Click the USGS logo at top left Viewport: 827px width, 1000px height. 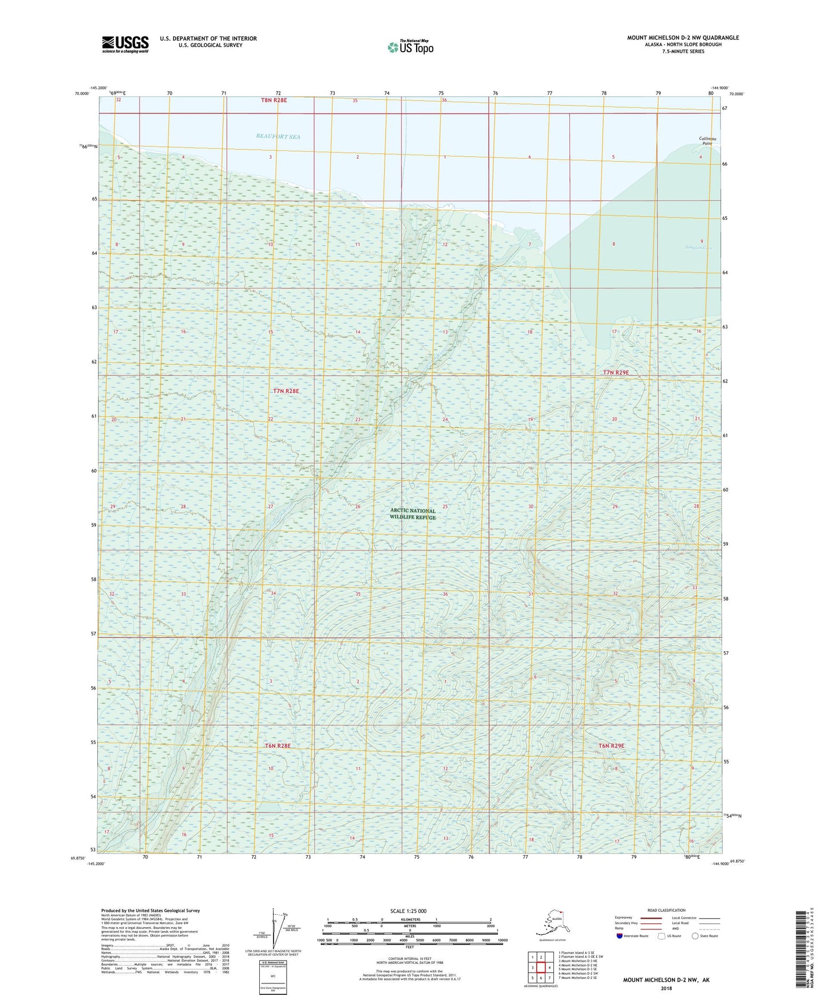click(x=125, y=44)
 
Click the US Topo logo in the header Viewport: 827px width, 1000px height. click(x=410, y=47)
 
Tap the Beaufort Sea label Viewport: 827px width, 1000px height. click(x=278, y=136)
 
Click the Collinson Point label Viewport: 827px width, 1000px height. click(x=707, y=141)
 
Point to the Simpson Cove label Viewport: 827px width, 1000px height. click(x=699, y=248)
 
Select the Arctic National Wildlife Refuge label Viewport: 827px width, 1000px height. click(x=413, y=514)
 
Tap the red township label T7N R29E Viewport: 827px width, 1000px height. click(x=616, y=372)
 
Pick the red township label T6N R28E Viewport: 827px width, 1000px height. click(x=278, y=746)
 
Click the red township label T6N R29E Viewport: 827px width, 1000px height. click(x=611, y=746)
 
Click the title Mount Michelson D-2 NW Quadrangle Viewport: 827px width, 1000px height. click(x=683, y=38)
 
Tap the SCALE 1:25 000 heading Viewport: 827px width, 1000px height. click(x=409, y=911)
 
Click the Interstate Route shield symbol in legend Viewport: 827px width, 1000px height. click(x=619, y=936)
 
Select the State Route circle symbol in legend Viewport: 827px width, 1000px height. click(x=695, y=936)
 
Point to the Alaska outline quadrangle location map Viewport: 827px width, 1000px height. click(x=552, y=923)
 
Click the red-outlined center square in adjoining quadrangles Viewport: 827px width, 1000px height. click(x=541, y=967)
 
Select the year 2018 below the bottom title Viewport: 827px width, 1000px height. click(x=666, y=988)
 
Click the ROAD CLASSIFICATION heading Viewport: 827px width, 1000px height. click(x=666, y=910)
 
